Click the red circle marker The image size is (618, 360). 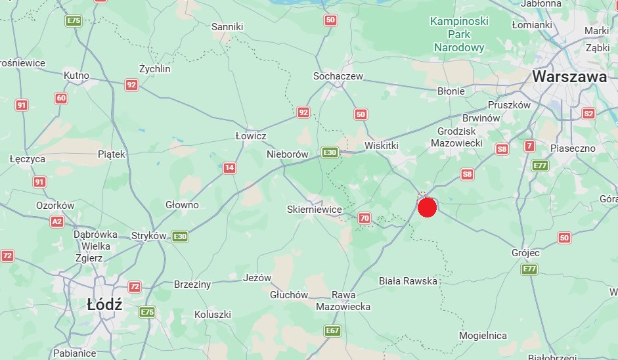[427, 208]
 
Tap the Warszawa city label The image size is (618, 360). [569, 77]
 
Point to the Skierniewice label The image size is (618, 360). [315, 210]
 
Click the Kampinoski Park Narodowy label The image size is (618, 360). [459, 34]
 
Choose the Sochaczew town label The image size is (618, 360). [338, 76]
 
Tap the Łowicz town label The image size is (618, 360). [251, 135]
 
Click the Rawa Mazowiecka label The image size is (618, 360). [343, 301]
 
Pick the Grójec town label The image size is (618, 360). [525, 252]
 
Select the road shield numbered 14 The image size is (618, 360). [229, 168]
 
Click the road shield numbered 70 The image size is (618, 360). [365, 217]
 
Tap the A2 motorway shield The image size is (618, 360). [57, 222]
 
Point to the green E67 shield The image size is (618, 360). [333, 330]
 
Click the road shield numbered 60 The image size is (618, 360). [61, 99]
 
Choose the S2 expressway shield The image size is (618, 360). [588, 114]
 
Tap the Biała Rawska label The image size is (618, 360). [408, 281]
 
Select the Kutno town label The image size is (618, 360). [76, 76]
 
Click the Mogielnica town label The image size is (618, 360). [483, 336]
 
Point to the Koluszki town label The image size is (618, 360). [213, 315]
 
